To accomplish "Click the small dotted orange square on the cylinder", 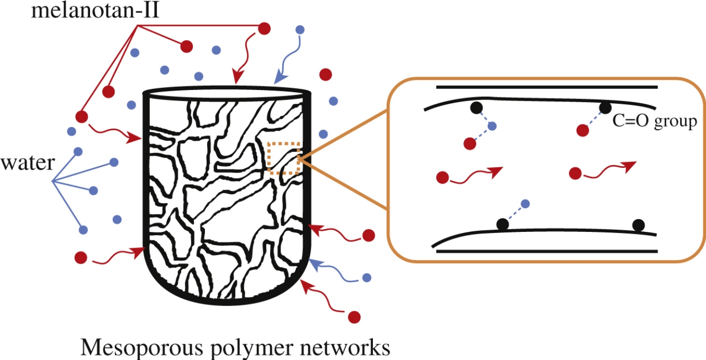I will coord(283,158).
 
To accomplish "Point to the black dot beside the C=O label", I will coord(605,109).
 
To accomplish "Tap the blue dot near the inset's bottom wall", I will coord(525,204).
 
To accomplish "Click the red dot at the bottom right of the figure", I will coord(355,317).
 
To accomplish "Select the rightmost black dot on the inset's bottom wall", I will coord(638,225).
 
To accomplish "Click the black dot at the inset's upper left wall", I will coord(476,108).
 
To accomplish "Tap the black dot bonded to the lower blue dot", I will coord(502,224).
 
